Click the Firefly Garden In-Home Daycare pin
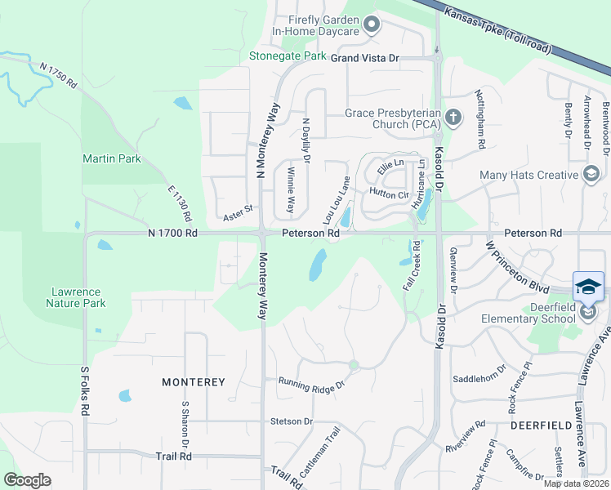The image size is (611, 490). tap(372, 24)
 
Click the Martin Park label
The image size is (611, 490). tap(111, 158)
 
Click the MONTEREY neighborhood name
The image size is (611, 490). tap(193, 382)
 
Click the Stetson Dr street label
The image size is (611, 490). tap(292, 421)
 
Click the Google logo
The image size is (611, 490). tap(27, 479)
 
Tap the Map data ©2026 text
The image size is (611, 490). tap(576, 483)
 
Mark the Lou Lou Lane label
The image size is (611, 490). tap(336, 201)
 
